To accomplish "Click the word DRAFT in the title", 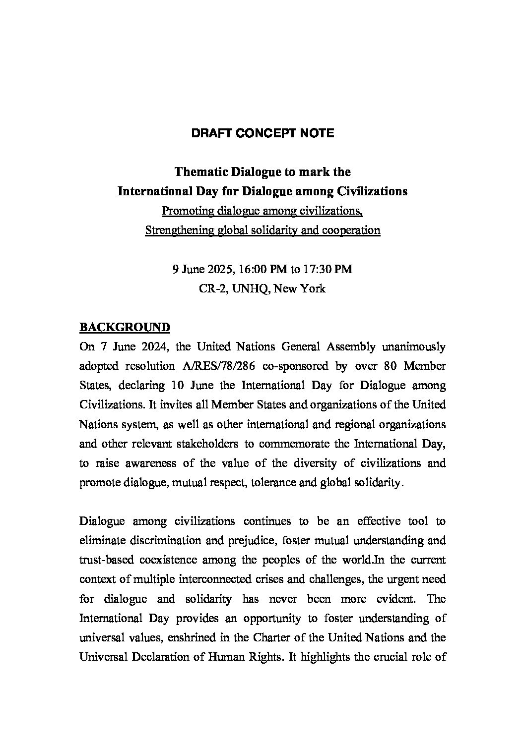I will (208, 133).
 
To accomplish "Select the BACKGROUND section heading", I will (125, 328).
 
